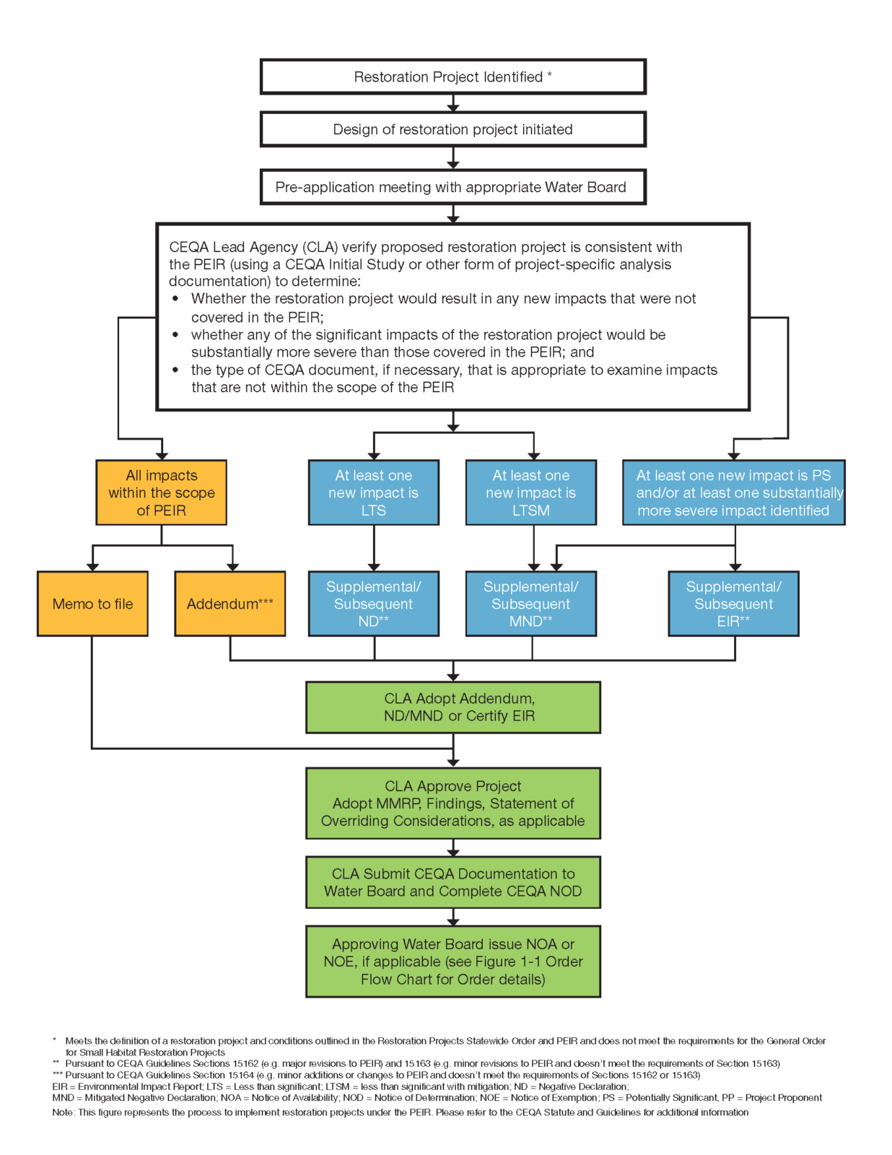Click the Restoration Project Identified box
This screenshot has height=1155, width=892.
click(x=452, y=77)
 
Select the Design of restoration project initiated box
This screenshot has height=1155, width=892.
click(x=452, y=129)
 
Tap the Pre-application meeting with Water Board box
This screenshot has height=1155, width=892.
click(x=452, y=187)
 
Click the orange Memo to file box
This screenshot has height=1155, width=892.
click(x=92, y=603)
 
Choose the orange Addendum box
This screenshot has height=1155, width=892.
click(x=230, y=603)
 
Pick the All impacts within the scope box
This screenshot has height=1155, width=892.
click(x=162, y=492)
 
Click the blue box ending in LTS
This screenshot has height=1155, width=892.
click(x=374, y=492)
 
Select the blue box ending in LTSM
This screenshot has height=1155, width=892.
click(x=530, y=492)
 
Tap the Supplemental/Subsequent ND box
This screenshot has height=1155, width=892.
click(x=374, y=603)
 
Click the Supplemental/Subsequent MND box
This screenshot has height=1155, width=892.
click(x=530, y=603)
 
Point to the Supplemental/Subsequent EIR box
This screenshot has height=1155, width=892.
click(x=734, y=603)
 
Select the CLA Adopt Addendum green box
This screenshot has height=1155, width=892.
click(x=453, y=707)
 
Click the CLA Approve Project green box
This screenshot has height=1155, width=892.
click(x=453, y=803)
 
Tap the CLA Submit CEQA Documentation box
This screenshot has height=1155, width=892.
click(x=453, y=882)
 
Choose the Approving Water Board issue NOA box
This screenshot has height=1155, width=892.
click(x=453, y=961)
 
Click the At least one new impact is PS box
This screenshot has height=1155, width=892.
click(x=734, y=492)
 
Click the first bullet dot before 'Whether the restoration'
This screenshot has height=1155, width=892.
click(x=175, y=299)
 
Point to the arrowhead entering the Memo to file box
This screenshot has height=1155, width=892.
click(x=92, y=567)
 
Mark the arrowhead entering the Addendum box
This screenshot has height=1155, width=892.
click(x=232, y=567)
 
